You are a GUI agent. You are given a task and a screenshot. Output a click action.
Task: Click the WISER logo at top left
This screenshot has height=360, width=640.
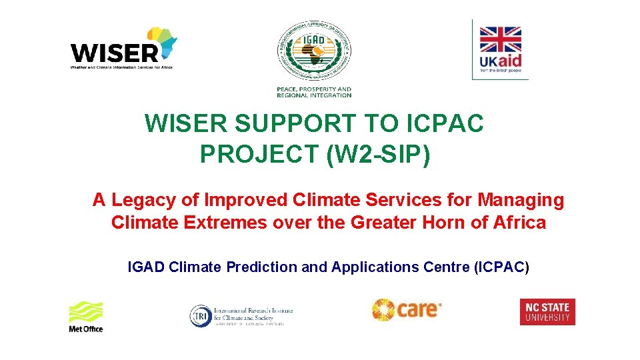point(120,50)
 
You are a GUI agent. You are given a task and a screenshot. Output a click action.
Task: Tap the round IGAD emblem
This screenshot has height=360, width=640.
point(314,51)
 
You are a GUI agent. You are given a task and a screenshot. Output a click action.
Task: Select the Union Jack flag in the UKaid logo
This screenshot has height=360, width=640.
point(500,39)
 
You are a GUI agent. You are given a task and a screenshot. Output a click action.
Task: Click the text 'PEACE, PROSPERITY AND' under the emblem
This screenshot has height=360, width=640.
point(314,89)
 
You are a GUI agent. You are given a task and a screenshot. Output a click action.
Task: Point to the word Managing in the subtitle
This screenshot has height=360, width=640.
point(521,199)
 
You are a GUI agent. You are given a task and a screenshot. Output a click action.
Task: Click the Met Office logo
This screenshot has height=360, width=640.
point(86,316)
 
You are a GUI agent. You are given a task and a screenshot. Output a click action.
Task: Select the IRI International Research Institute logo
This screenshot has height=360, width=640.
point(241,315)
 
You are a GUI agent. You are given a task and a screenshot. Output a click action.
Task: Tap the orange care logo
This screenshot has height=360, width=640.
point(406,309)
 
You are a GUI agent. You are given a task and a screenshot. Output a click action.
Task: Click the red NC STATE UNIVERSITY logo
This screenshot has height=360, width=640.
point(547,311)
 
